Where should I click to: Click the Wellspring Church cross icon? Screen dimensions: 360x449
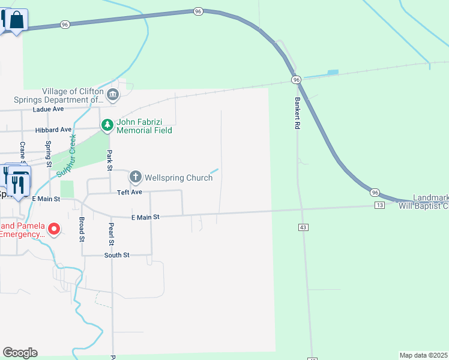[136, 177]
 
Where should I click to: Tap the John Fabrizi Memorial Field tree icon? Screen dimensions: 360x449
[107, 125]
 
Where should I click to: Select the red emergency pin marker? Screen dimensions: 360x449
[54, 229]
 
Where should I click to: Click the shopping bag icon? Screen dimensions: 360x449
[17, 20]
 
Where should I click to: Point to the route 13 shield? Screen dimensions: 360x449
[379, 205]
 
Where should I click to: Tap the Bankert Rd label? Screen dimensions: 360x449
[297, 113]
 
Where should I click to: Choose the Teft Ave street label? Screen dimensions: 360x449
[129, 192]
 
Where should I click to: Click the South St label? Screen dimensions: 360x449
[116, 255]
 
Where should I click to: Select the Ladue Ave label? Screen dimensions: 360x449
[49, 109]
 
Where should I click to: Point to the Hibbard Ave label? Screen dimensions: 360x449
[53, 129]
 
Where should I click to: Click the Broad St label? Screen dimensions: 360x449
[82, 229]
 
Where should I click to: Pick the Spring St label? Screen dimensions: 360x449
[49, 152]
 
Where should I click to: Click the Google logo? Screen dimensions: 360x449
[20, 353]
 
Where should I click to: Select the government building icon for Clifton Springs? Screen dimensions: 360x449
[112, 95]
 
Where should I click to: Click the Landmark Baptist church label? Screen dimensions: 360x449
[423, 202]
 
